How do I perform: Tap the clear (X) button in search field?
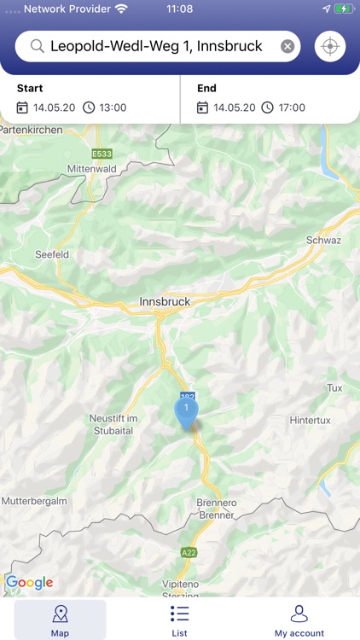(x=287, y=46)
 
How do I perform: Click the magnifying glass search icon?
(x=37, y=46)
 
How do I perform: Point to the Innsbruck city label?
(x=165, y=301)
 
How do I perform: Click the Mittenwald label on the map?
(x=91, y=169)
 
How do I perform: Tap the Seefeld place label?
(x=51, y=254)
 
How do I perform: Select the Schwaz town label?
(x=323, y=240)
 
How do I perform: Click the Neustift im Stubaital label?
(x=113, y=424)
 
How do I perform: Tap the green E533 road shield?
(x=102, y=154)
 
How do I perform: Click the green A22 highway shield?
(x=189, y=553)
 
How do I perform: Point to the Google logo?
(x=29, y=583)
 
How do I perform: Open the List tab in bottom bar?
(x=179, y=620)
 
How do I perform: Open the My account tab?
(x=299, y=620)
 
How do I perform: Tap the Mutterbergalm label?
(x=34, y=500)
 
